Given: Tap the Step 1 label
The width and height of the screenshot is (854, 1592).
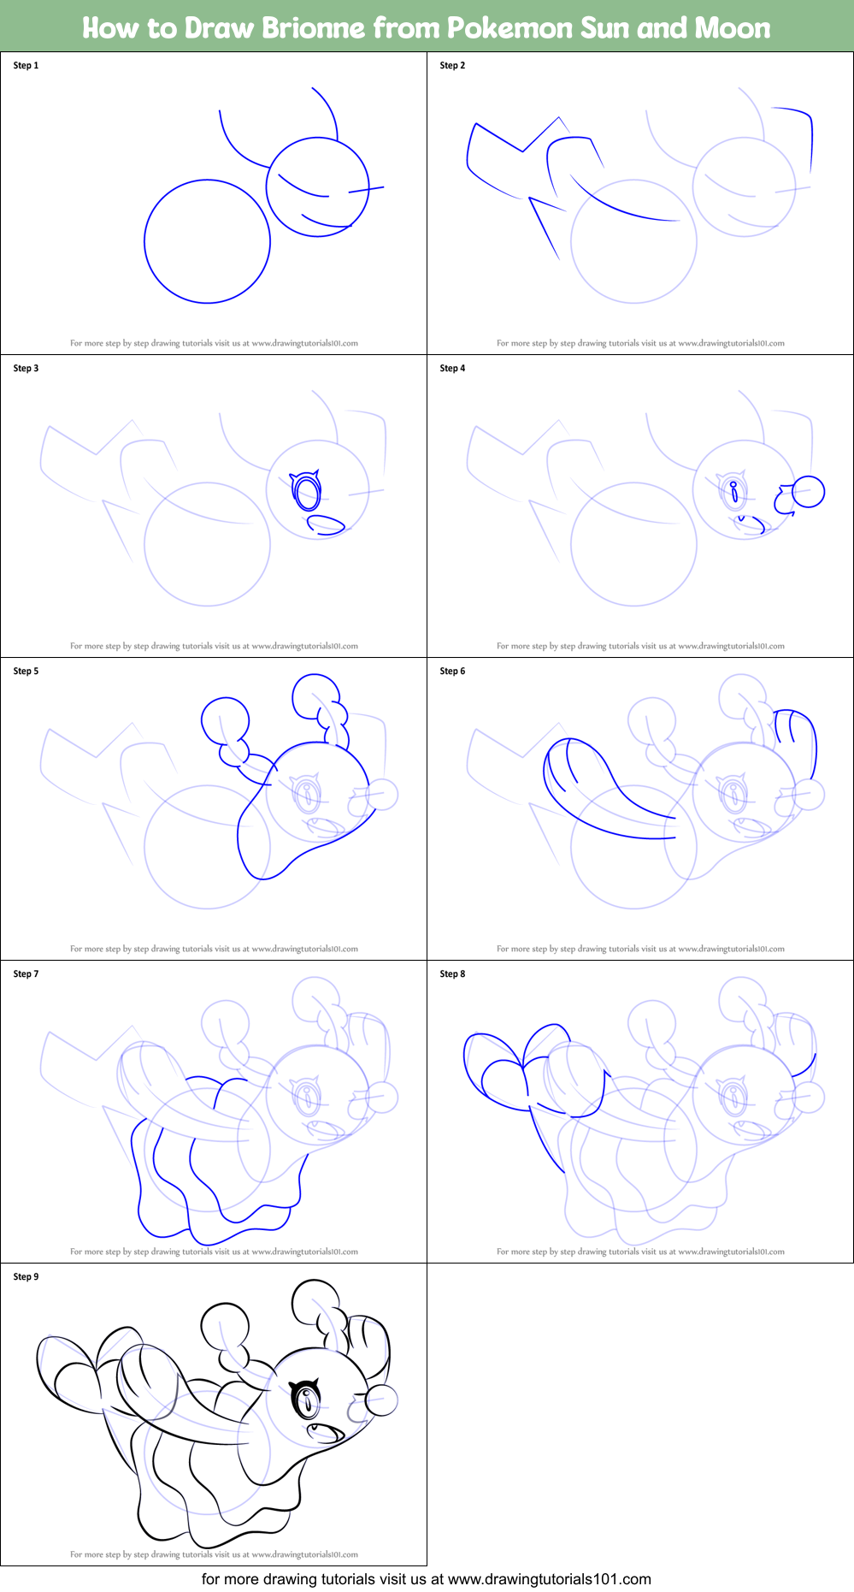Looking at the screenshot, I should coord(26,66).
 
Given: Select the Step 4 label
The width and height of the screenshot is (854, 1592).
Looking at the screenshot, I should coord(452,369).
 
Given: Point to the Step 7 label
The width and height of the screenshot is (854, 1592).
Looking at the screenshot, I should coord(26,974).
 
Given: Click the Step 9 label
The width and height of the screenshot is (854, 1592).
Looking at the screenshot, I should coord(26,1277).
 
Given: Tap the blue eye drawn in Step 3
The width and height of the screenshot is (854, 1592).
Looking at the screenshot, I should coord(307,492).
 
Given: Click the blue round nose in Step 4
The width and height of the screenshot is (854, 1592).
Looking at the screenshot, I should coord(808,492).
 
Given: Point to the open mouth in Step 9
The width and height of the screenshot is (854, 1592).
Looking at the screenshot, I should coord(325,1431).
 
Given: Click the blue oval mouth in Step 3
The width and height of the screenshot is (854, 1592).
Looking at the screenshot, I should coord(325,524).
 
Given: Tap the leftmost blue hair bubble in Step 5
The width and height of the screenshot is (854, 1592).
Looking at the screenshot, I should coord(225,720).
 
